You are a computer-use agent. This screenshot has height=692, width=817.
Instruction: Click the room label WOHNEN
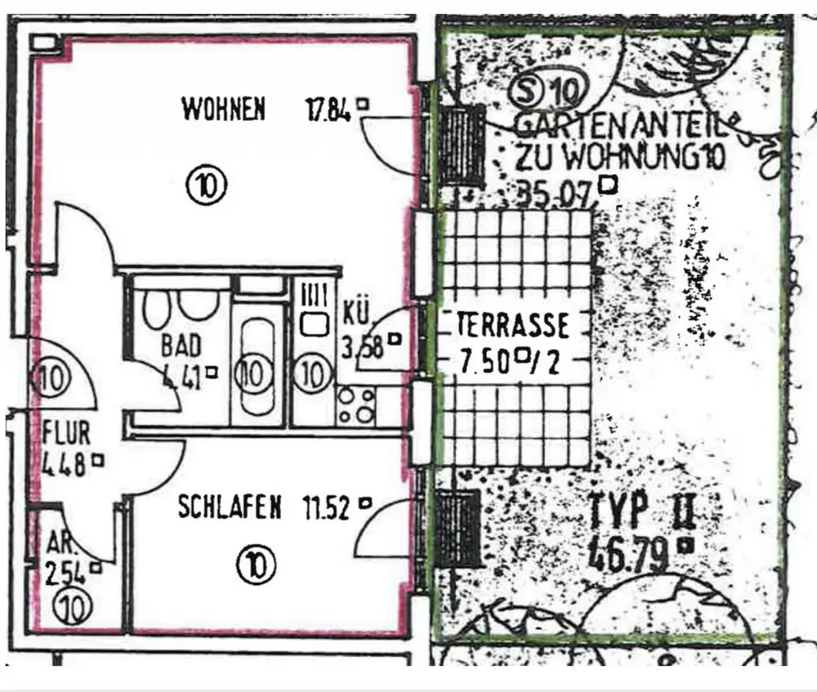[x=223, y=109]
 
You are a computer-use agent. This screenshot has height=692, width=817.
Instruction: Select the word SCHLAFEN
[x=230, y=507]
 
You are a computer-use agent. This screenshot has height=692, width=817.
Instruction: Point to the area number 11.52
[x=327, y=508]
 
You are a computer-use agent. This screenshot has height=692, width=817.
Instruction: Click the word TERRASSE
[x=513, y=326]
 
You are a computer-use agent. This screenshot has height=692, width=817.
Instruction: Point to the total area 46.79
[x=630, y=553]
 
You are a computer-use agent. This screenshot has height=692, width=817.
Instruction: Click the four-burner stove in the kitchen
[x=355, y=404]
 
